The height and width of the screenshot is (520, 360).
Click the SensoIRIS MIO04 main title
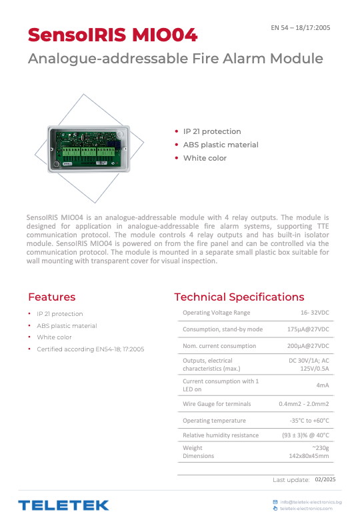pyautogui.click(x=113, y=34)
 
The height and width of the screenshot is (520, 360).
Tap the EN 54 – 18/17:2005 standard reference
pyautogui.click(x=300, y=28)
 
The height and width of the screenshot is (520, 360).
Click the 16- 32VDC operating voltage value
pyautogui.click(x=315, y=313)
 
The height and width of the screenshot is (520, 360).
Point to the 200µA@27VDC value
pyautogui.click(x=308, y=346)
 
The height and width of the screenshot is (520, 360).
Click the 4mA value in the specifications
pyautogui.click(x=322, y=385)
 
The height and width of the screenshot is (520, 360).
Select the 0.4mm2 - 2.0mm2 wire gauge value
pyautogui.click(x=304, y=404)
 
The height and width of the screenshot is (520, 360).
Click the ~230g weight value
pyautogui.click(x=320, y=448)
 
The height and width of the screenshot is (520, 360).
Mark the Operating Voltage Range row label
pyautogui.click(x=217, y=313)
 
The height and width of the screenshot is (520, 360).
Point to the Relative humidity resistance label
pyautogui.click(x=221, y=435)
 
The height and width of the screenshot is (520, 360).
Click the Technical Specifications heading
pyautogui.click(x=239, y=297)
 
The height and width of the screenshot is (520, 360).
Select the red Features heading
pyautogui.click(x=52, y=297)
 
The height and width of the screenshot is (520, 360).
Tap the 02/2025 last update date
pyautogui.click(x=325, y=479)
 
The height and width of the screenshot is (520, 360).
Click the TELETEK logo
pyautogui.click(x=63, y=505)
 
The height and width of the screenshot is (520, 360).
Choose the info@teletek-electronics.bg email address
pyautogui.click(x=311, y=501)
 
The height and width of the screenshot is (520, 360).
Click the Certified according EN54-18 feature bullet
pyautogui.click(x=90, y=349)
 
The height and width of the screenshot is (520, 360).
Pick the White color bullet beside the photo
pyautogui.click(x=205, y=158)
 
